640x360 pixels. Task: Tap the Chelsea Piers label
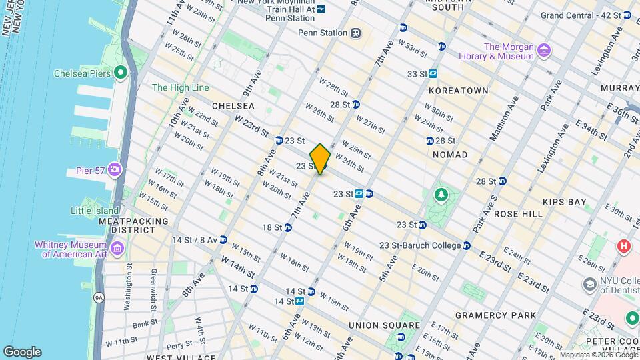click(x=82, y=73)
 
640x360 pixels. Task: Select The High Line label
click(x=180, y=87)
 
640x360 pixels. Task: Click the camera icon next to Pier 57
click(x=115, y=171)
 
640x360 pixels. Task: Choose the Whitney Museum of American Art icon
click(x=117, y=249)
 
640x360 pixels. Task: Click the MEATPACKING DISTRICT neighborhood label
click(x=127, y=225)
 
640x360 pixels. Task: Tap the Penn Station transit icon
click(x=356, y=33)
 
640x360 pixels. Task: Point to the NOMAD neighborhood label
click(x=450, y=155)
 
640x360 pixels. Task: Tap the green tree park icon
click(x=440, y=195)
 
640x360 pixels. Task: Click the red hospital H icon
click(x=624, y=246)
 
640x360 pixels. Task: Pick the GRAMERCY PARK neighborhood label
click(x=495, y=315)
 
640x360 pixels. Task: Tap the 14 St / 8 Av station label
click(x=195, y=239)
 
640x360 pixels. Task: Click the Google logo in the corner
click(x=22, y=351)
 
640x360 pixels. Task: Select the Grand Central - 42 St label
click(x=581, y=15)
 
